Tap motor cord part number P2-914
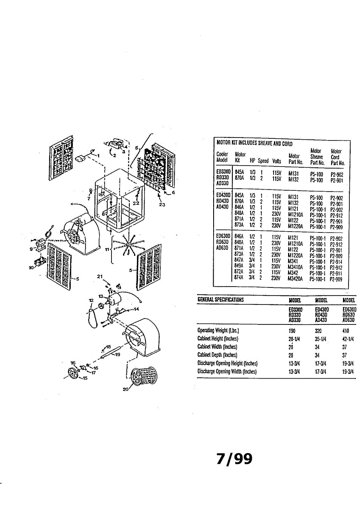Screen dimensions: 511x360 pos(337,261)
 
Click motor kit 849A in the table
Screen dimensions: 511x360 pos(240,267)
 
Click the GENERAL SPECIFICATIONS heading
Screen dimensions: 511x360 pos(220,299)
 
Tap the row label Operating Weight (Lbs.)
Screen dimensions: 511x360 pos(218,330)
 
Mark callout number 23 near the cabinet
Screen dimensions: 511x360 pos(162,204)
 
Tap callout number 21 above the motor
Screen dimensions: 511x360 pos(100,277)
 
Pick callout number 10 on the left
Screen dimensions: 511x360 pos(31,268)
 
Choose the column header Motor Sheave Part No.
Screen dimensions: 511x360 pos(316,157)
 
